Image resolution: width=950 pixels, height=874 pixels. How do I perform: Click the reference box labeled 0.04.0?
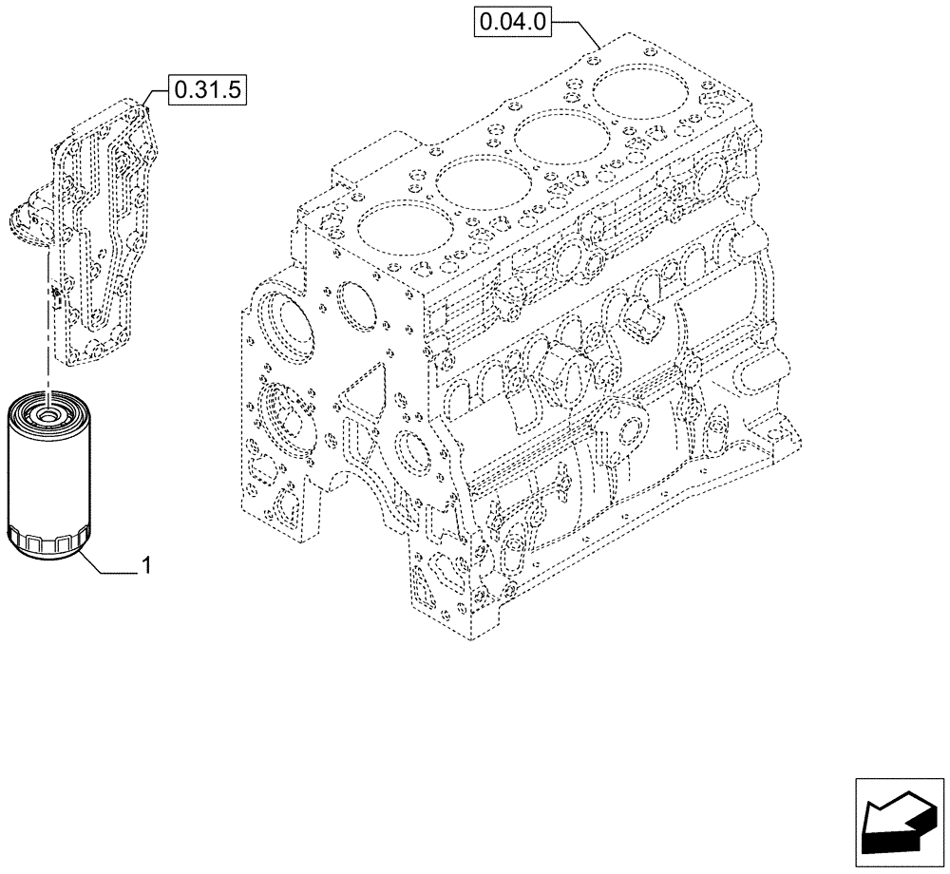click(x=513, y=20)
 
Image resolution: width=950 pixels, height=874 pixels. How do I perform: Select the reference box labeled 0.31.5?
click(x=207, y=91)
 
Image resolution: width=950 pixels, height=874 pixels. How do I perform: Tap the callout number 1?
click(x=147, y=566)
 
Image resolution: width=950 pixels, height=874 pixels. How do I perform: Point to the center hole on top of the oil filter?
click(x=45, y=413)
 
